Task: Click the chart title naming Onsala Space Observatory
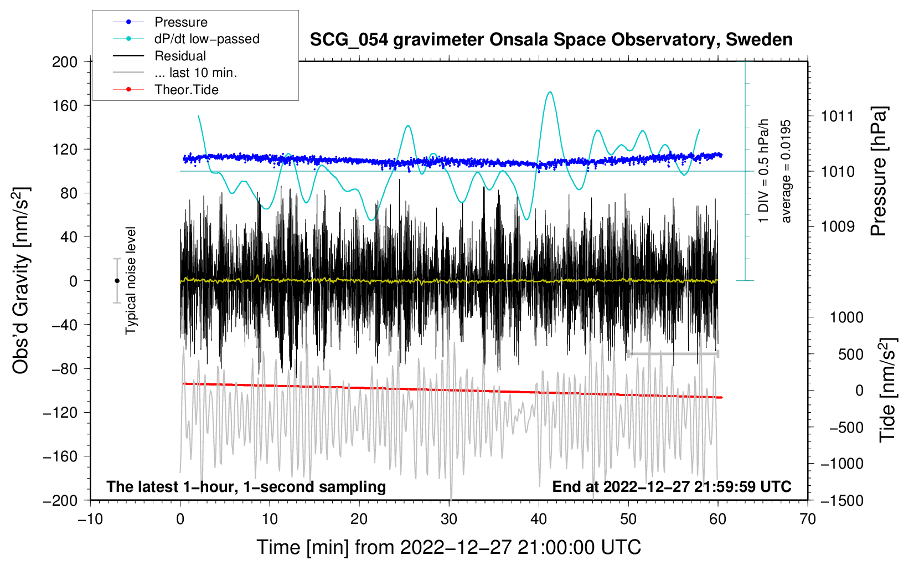point(551,40)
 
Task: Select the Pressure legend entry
point(180,22)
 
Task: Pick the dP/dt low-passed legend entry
point(206,39)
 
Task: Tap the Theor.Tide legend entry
point(186,90)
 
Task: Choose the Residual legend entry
point(180,56)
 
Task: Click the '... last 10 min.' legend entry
point(195,73)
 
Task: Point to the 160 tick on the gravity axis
point(65,105)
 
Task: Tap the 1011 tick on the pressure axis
point(838,116)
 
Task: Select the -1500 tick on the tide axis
point(841,500)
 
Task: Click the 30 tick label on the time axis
point(449,519)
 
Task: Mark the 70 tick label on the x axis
point(808,519)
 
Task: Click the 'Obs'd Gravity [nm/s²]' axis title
point(21,281)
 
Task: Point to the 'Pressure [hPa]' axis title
point(879,172)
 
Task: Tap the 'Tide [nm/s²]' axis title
point(887,390)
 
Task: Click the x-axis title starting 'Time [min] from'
point(449,547)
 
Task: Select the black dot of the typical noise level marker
point(117,281)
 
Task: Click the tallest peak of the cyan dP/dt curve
point(549,92)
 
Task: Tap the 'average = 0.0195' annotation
point(786,172)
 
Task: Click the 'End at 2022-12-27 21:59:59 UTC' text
point(672,486)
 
